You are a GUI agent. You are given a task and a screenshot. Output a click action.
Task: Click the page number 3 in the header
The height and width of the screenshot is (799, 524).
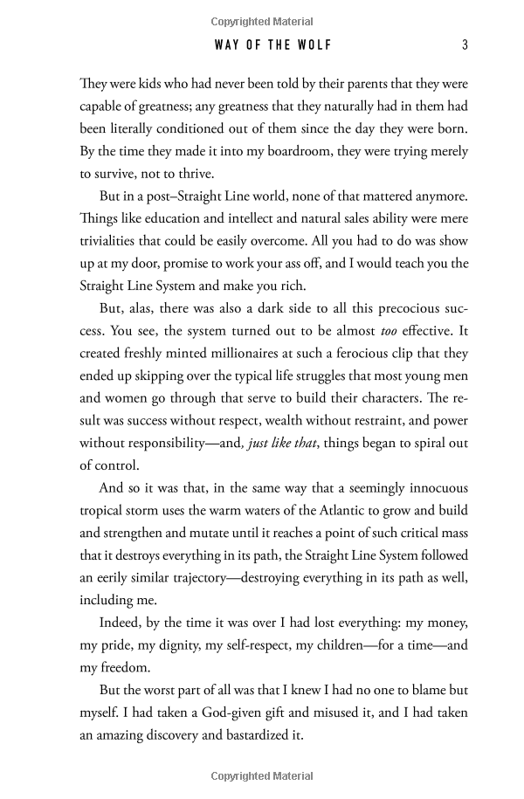click(465, 45)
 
